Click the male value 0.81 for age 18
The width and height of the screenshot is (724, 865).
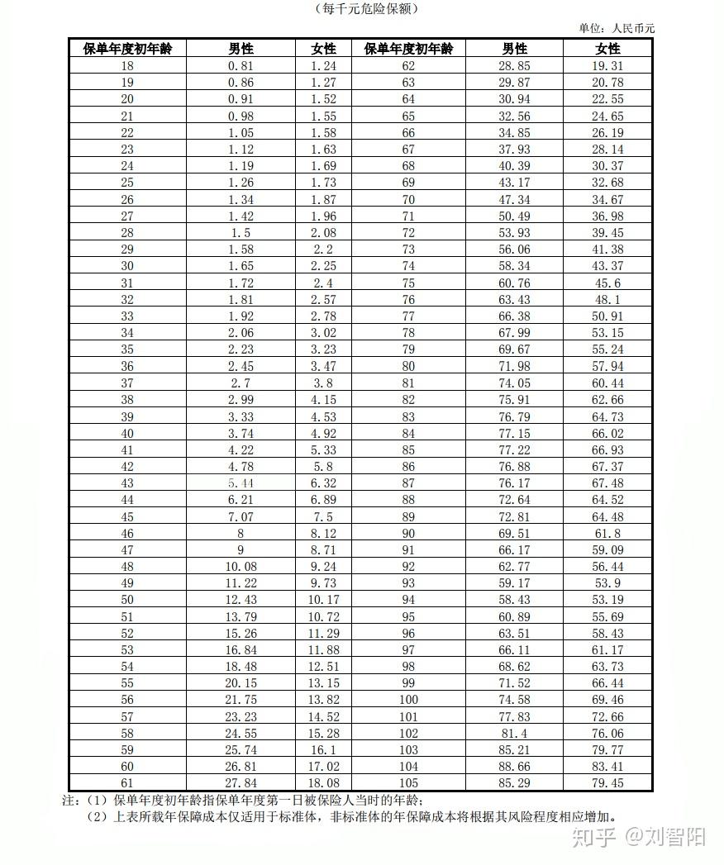pyautogui.click(x=241, y=65)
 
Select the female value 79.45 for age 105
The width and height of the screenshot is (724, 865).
pyautogui.click(x=607, y=782)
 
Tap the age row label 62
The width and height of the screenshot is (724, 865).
pyautogui.click(x=408, y=65)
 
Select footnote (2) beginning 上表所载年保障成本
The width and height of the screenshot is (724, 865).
pyautogui.click(x=355, y=817)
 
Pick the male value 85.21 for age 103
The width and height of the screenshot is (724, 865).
pyautogui.click(x=515, y=749)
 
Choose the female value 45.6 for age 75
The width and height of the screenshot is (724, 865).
pyautogui.click(x=607, y=283)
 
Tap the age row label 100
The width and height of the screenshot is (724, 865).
pyautogui.click(x=408, y=699)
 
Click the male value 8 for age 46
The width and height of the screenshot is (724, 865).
pyautogui.click(x=241, y=533)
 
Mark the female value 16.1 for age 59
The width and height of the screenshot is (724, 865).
pyautogui.click(x=324, y=749)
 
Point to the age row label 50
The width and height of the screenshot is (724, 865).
pyautogui.click(x=127, y=599)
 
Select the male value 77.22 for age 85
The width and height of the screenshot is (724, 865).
pyautogui.click(x=515, y=449)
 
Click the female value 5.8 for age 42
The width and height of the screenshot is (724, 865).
pyautogui.click(x=324, y=466)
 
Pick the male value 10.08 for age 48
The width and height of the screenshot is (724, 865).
pyautogui.click(x=241, y=566)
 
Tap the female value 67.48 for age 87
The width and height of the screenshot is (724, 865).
pyautogui.click(x=607, y=482)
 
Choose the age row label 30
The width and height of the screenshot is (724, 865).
pyautogui.click(x=127, y=266)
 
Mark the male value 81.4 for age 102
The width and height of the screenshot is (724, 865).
pyautogui.click(x=515, y=733)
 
